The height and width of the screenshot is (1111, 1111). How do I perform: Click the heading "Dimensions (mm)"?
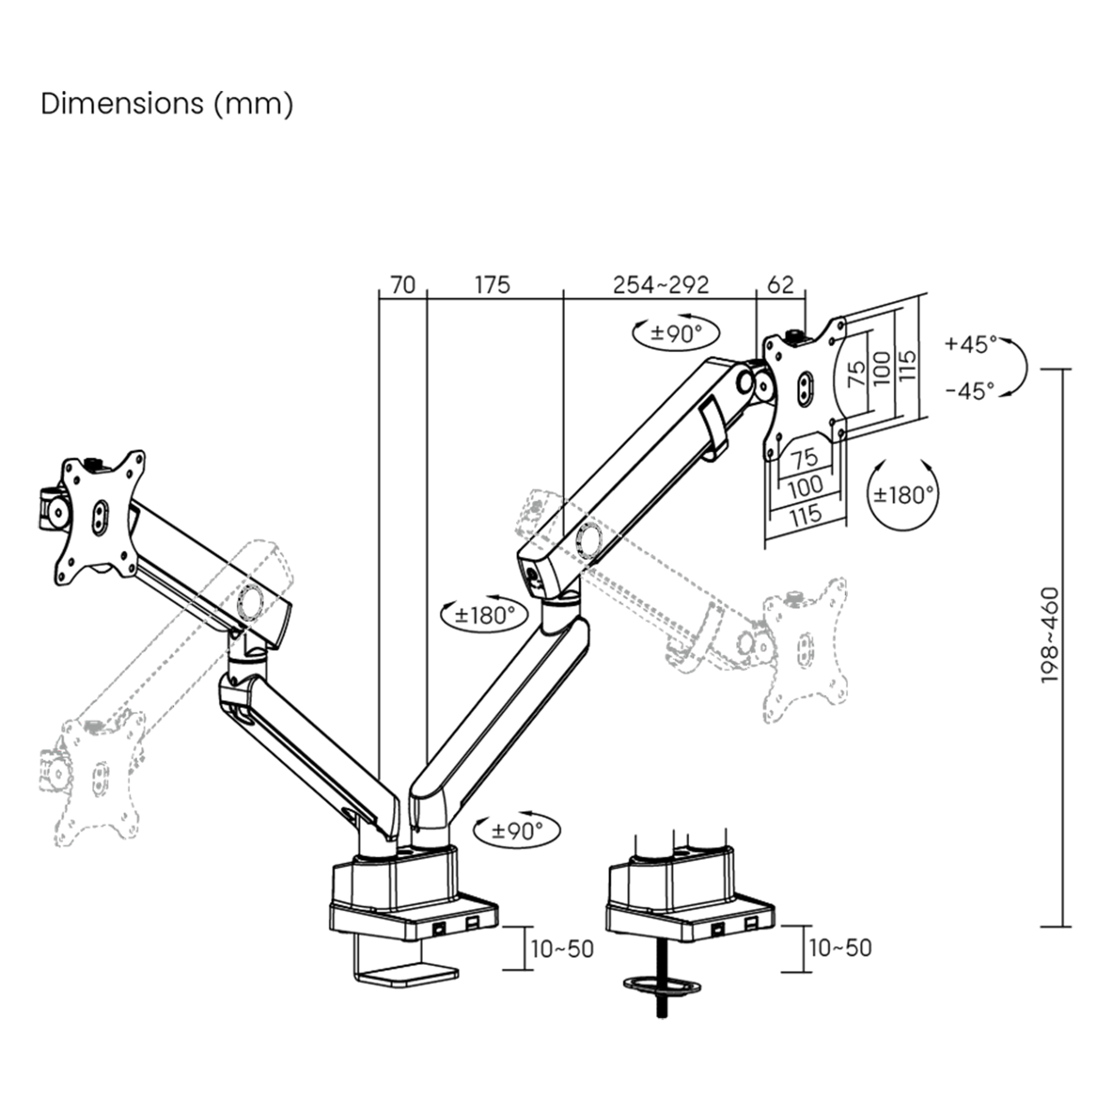pos(167,104)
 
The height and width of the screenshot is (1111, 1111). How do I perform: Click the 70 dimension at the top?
pos(403,284)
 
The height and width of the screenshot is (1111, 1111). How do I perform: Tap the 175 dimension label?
pos(492,284)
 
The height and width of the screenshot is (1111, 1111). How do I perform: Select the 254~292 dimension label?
pos(660,284)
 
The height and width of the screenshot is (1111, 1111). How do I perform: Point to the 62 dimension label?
pos(780,284)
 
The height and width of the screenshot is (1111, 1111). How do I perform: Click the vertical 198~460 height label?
pos(1049,635)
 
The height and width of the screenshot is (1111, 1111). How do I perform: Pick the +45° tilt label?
pos(971,344)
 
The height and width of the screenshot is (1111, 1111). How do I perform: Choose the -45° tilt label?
pos(970,391)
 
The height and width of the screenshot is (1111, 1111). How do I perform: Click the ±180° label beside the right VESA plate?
pos(903,494)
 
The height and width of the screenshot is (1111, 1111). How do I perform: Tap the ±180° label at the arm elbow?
pos(484,615)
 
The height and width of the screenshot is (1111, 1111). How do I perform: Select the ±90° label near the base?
pos(517,830)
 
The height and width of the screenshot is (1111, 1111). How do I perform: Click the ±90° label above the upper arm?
pos(676,333)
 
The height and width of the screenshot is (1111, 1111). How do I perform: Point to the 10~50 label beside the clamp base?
pos(562,949)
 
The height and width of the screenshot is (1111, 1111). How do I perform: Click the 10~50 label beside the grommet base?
pos(840,947)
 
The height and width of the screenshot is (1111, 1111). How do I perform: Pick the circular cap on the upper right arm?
pos(589,538)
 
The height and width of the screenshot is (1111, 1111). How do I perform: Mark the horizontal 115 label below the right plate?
pos(806,516)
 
